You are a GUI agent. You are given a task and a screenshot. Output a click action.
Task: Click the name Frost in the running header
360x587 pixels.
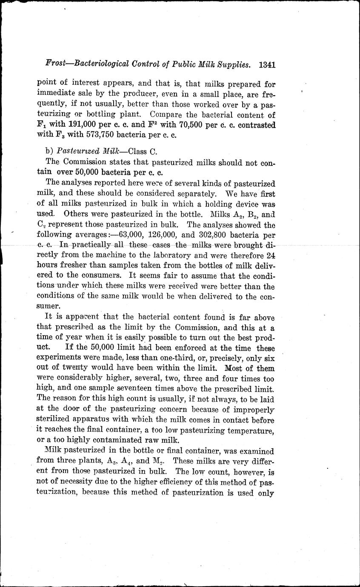(x=57, y=65)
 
